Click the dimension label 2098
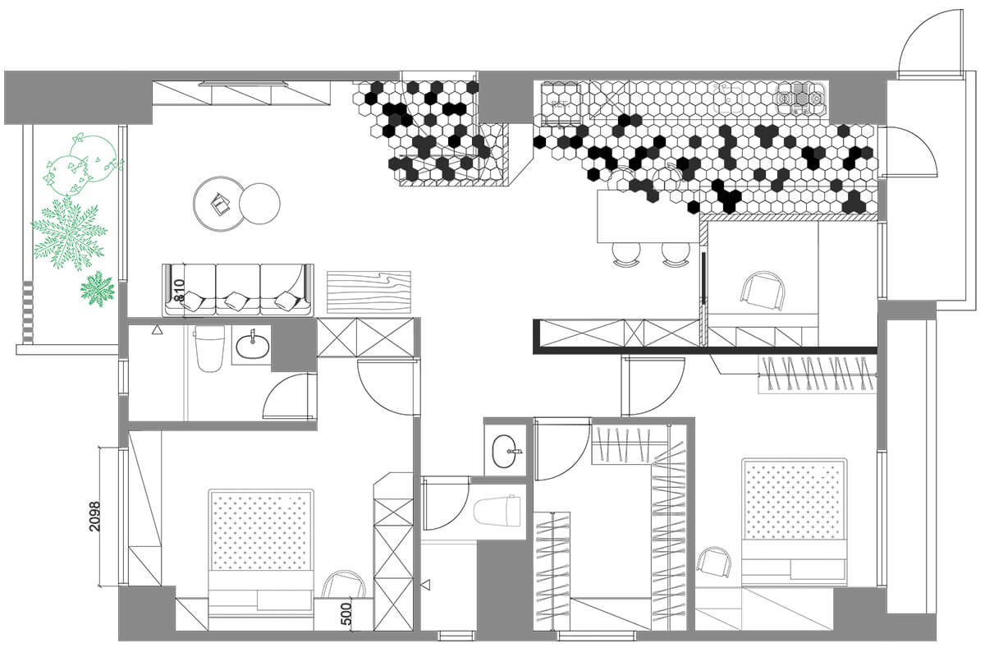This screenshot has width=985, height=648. point(95,517)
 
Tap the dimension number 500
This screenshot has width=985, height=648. point(347,614)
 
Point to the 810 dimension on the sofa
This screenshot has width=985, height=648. point(180,292)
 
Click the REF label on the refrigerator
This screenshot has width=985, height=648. point(560,104)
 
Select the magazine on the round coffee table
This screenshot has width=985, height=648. point(220,204)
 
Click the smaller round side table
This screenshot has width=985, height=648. point(259,204)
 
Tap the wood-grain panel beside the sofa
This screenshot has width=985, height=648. point(369,292)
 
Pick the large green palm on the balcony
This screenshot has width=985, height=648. point(69,233)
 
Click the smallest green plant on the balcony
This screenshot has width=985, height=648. point(97,289)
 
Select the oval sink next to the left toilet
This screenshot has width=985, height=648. point(253,347)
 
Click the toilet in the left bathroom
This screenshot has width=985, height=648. point(209,348)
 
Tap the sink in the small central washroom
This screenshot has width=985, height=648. point(506,451)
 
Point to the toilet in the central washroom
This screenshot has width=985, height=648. point(497,511)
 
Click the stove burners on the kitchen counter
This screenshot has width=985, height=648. point(799,99)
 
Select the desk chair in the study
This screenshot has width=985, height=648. point(763,291)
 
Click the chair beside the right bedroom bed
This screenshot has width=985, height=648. point(714,563)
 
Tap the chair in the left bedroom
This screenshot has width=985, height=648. point(344,584)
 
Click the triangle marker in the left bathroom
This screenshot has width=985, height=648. point(157,329)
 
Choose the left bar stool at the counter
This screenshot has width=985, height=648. point(626,255)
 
